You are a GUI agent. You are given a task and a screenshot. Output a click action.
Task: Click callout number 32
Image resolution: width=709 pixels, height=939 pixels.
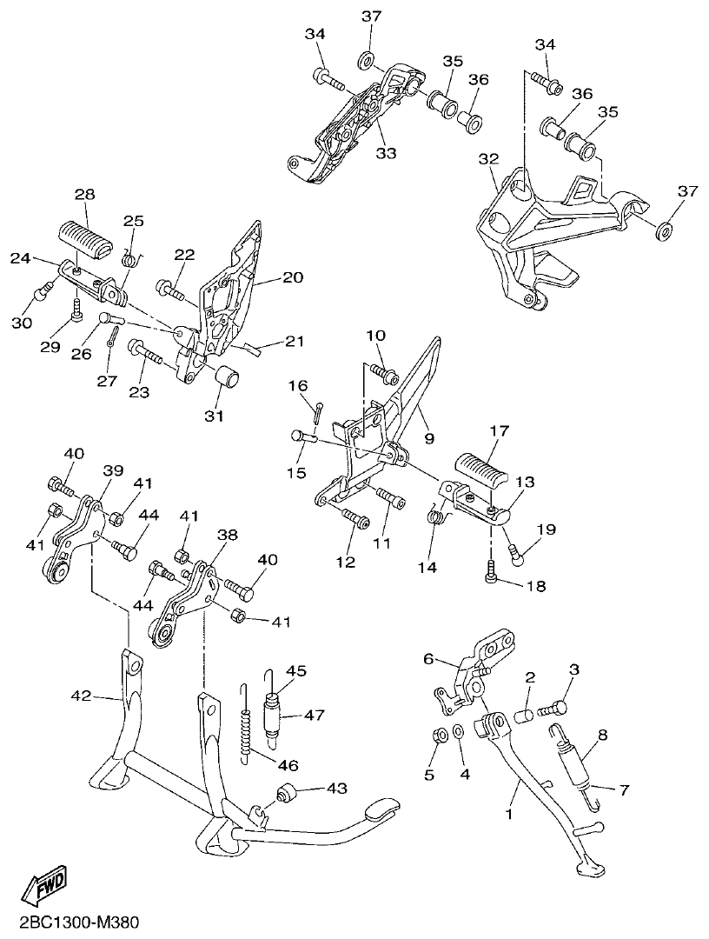(488, 160)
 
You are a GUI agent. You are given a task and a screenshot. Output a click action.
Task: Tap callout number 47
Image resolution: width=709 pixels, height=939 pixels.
(314, 716)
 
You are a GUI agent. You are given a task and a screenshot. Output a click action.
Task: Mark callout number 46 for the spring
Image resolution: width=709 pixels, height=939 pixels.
(288, 764)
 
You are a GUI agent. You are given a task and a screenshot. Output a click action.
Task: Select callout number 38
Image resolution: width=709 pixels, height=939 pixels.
(228, 536)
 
